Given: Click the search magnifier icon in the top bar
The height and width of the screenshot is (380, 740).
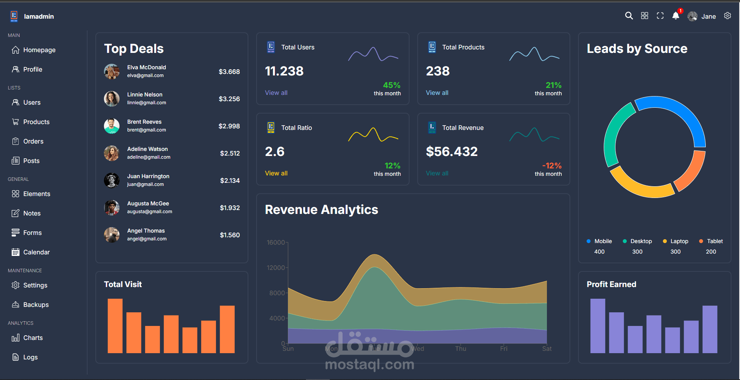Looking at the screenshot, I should [x=629, y=16].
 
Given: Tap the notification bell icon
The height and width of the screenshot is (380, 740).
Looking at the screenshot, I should [x=676, y=16].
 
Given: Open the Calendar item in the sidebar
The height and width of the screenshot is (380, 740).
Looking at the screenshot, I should [x=36, y=252].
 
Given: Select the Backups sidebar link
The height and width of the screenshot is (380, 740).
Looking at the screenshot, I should [x=36, y=305].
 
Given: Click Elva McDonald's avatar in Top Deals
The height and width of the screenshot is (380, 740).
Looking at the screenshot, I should [x=112, y=72].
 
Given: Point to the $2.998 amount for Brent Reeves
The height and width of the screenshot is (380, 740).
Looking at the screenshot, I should [x=229, y=126].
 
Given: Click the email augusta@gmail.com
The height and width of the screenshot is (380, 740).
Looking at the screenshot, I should [x=149, y=212].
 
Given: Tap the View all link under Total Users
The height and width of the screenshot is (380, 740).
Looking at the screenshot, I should [x=276, y=93].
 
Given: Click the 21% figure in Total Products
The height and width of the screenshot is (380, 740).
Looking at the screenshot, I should [x=553, y=85].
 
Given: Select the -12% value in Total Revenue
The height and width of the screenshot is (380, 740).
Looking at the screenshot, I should [x=552, y=166].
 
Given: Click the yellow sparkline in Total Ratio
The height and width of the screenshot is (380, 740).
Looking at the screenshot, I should [x=373, y=135].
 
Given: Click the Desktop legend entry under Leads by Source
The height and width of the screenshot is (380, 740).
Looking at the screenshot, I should [x=641, y=241].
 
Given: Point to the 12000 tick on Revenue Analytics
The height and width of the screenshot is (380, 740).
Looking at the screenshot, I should [x=276, y=268].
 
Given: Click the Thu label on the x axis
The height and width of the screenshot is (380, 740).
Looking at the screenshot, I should [x=461, y=348].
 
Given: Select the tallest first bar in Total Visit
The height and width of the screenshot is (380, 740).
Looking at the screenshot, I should [x=115, y=326].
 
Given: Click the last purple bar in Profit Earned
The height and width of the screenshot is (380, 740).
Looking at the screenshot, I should [x=710, y=329].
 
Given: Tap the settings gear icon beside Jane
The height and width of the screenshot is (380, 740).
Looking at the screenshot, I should [x=728, y=16].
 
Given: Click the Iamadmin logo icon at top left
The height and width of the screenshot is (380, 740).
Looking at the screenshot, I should [x=14, y=16].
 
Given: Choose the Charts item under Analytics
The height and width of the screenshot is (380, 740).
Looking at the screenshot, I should [x=33, y=338].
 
